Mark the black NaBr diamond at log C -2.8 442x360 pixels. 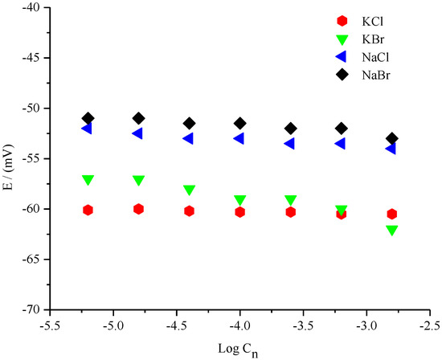pos(391,138)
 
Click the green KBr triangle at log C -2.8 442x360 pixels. pos(391,231)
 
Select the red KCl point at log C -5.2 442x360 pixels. pos(88,210)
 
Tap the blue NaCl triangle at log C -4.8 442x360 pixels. pos(137,133)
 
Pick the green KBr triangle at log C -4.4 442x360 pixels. pos(189,190)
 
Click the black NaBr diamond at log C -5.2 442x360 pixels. pos(88,118)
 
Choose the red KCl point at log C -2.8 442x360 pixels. pos(391,214)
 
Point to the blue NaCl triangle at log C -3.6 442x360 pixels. pos(289,143)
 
